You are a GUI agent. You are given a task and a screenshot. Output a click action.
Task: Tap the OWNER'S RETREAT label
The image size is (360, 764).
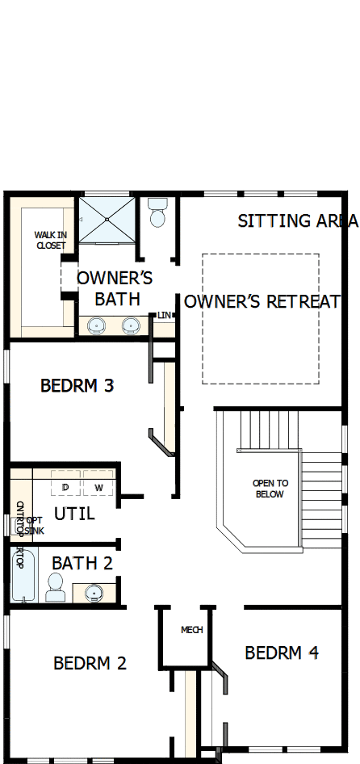tap(262, 302)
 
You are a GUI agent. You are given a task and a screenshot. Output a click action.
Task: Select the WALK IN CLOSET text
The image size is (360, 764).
tap(51, 240)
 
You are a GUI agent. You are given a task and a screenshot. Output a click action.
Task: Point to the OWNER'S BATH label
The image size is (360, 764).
tap(115, 288)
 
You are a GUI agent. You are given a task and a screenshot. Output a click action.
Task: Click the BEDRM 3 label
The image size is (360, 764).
tap(77, 386)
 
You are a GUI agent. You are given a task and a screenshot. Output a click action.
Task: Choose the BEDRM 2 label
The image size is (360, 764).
tap(90, 664)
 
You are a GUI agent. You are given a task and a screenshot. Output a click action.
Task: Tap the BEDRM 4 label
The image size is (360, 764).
tap(282, 653)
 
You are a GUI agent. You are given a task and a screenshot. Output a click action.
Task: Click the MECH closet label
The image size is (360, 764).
tap(192, 631)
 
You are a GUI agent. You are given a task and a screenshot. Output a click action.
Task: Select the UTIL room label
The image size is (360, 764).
tap(74, 514)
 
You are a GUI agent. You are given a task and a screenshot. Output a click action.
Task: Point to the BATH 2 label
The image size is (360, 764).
tap(82, 562)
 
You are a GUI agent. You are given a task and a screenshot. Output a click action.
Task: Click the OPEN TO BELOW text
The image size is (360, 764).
tap(270, 489)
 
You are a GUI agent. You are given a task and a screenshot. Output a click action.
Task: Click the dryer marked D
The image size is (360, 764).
tap(65, 487)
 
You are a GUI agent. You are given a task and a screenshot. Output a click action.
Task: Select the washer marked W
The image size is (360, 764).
tap(98, 487)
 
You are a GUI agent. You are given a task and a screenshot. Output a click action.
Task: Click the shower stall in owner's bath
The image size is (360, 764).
tap(107, 217)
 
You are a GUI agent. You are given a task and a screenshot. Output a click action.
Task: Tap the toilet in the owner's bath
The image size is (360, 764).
tap(157, 213)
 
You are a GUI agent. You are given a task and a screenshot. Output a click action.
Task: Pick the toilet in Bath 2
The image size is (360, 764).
tap(56, 587)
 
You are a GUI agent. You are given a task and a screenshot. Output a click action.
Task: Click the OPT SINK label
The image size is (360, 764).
tap(34, 525)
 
